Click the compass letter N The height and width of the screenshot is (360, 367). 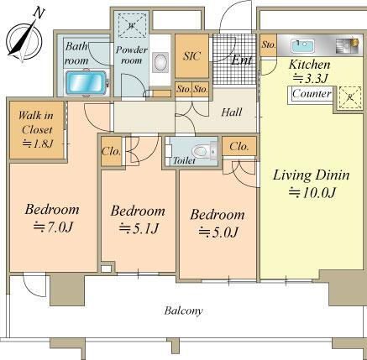tap(39, 13)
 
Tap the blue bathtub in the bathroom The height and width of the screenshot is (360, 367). tap(87, 83)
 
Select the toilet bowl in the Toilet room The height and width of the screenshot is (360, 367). tap(201, 151)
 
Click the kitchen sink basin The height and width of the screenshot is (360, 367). tap(302, 45)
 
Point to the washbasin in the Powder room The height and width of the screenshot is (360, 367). tap(160, 62)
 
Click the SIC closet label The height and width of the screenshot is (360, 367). tap(191, 56)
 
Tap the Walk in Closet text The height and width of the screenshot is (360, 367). tap(36, 123)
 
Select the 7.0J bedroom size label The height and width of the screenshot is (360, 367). tap(53, 227)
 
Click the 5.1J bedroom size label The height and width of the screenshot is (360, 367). tap(139, 228)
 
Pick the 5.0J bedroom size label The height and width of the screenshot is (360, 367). tap(218, 232)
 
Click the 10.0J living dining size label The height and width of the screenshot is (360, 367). tap(312, 192)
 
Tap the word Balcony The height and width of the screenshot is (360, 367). tap(183, 310)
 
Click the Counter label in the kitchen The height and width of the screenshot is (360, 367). tap(312, 93)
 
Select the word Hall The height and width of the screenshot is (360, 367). tap(232, 112)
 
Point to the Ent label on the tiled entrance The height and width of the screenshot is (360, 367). tap(242, 60)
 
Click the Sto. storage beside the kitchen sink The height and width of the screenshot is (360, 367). tap(269, 44)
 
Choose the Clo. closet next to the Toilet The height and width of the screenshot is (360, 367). tap(239, 146)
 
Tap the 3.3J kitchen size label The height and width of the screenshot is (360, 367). tap(310, 78)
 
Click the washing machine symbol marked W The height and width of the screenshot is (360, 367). tap(131, 25)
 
